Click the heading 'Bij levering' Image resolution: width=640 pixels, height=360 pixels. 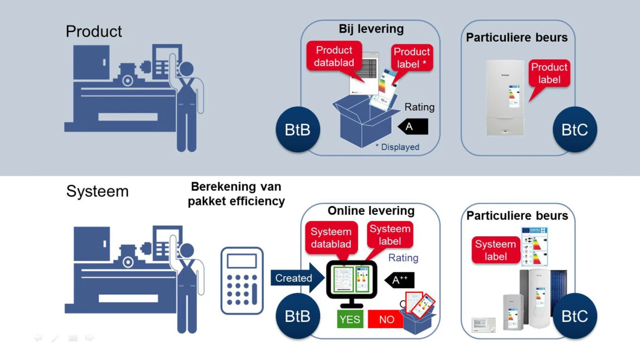[371, 29]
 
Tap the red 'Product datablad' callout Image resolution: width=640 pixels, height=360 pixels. [334, 56]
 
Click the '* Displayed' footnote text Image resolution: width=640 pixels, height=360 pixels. [398, 147]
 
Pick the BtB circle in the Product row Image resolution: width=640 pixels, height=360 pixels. [298, 130]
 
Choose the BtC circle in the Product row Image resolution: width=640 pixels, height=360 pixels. [575, 130]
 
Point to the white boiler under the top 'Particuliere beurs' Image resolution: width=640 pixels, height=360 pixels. [505, 98]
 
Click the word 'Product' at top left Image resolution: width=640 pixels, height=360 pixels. [94, 31]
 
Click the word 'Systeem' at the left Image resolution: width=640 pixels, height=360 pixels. [98, 191]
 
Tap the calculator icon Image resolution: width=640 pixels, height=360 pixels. [242, 280]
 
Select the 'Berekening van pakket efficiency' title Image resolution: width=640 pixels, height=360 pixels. [236, 194]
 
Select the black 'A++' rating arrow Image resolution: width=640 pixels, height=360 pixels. [400, 280]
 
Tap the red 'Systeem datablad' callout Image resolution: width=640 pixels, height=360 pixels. [331, 238]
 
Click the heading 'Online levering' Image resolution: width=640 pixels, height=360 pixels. [371, 210]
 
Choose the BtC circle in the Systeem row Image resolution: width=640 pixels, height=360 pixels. [575, 316]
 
